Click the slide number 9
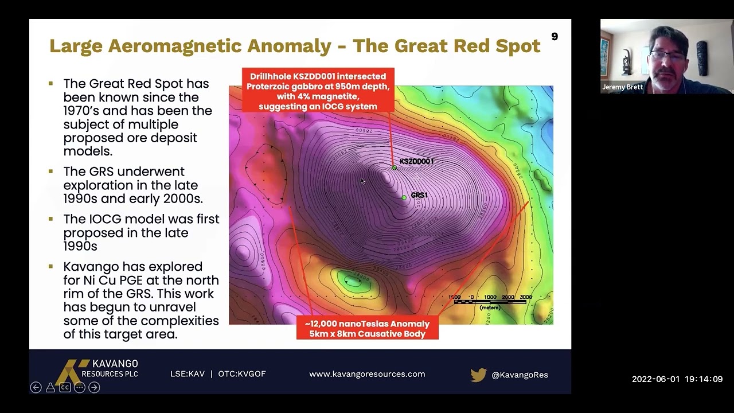click(554, 37)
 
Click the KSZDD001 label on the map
click(416, 161)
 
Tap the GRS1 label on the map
click(419, 195)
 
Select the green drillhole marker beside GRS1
click(404, 197)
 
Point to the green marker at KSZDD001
click(394, 167)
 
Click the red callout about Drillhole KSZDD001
click(318, 91)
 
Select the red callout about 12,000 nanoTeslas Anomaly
click(367, 329)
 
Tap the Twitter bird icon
click(478, 375)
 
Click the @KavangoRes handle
click(520, 375)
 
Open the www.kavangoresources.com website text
click(367, 374)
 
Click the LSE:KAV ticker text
click(187, 374)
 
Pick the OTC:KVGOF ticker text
click(241, 374)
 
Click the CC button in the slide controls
click(65, 387)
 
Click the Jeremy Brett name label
click(622, 87)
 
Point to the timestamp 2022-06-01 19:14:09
click(677, 379)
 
